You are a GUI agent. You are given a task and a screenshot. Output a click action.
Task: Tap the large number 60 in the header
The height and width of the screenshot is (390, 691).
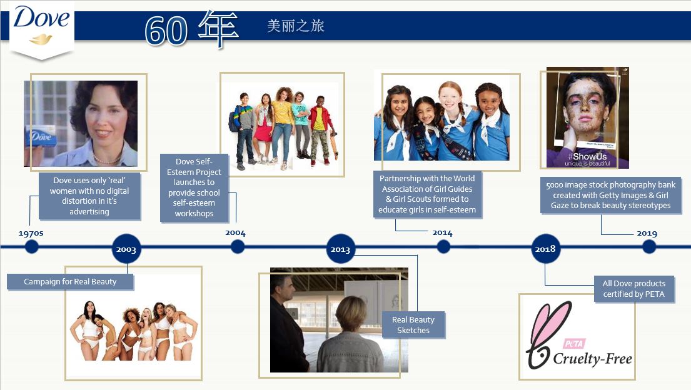tap(166, 31)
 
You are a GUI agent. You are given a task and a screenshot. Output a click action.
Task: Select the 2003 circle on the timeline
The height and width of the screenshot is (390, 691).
tap(126, 249)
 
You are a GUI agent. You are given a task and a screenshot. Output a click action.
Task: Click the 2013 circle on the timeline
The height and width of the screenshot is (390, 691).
tap(340, 249)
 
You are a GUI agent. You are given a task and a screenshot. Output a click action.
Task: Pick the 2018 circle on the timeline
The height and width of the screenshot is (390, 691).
tap(545, 249)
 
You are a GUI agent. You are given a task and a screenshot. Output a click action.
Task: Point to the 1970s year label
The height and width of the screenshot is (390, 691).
tap(31, 233)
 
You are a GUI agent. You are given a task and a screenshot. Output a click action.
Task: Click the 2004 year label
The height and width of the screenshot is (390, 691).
tap(235, 232)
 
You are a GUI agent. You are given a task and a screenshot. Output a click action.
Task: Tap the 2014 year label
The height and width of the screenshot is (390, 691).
tap(442, 232)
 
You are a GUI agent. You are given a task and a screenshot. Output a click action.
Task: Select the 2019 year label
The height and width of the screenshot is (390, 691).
tap(647, 233)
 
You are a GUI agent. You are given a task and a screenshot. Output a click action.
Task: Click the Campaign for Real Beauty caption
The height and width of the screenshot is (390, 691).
tap(70, 282)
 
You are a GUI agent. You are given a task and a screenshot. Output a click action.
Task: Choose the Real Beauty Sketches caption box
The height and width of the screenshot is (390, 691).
tap(413, 325)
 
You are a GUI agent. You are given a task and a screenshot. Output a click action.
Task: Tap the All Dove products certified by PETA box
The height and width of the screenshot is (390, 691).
tap(633, 289)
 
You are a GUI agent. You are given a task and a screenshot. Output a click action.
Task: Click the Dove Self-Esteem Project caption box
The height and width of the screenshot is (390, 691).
tap(194, 187)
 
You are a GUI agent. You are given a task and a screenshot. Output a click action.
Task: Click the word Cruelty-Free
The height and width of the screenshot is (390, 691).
tap(592, 358)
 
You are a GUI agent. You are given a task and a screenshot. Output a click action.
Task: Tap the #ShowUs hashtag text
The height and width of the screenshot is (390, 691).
tap(587, 156)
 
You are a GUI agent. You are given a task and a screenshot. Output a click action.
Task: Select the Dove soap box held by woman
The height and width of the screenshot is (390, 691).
tap(41, 136)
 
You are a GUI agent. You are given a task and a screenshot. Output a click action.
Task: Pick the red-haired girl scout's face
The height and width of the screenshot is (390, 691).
tap(450, 99)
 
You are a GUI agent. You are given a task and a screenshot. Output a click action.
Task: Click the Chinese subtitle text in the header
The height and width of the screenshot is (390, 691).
tap(296, 26)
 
